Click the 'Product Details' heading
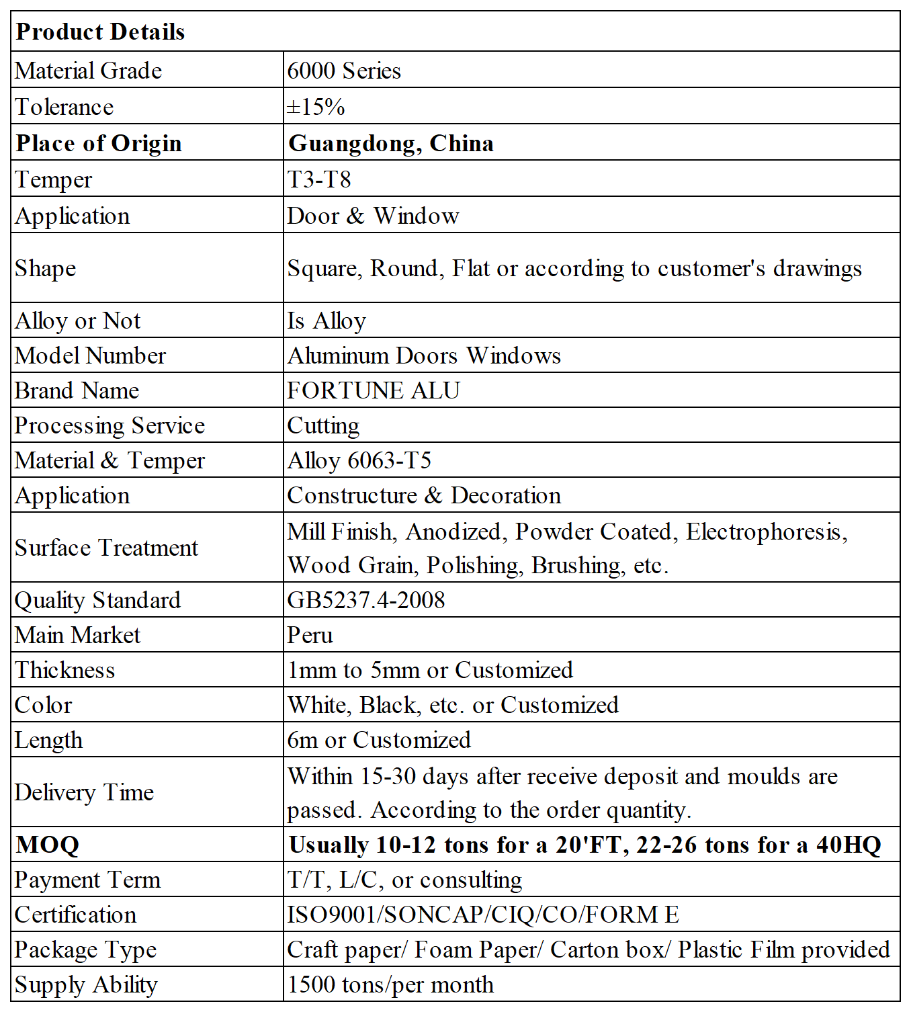[x=100, y=32]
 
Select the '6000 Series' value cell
[x=344, y=71]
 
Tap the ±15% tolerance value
[x=316, y=107]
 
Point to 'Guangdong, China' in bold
[x=391, y=143]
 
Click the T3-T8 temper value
[x=319, y=179]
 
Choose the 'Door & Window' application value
[x=373, y=216]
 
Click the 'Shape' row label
[x=46, y=268]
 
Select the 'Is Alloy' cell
[x=327, y=321]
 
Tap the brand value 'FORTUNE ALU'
[x=374, y=390]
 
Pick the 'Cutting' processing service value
[x=323, y=425]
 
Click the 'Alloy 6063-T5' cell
[x=359, y=460]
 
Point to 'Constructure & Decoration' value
[x=424, y=495]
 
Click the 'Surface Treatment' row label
[x=106, y=548]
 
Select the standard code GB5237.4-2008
[x=366, y=600]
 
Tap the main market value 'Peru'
[x=310, y=635]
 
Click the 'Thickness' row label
[x=64, y=670]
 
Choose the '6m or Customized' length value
[x=379, y=740]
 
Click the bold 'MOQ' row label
[x=48, y=845]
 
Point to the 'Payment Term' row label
[x=87, y=880]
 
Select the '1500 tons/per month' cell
[x=390, y=984]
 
